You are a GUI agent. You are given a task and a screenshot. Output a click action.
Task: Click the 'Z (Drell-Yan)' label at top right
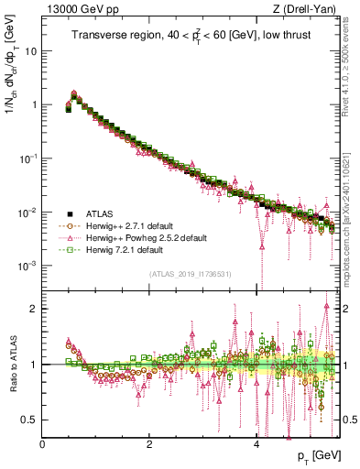307,9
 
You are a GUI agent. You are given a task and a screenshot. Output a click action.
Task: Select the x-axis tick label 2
149,443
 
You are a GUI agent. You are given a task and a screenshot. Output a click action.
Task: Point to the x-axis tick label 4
256,443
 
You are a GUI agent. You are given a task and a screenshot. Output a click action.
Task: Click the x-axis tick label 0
42,443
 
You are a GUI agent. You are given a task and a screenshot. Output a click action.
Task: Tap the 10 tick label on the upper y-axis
30,51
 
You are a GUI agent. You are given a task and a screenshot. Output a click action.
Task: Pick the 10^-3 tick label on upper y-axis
27,266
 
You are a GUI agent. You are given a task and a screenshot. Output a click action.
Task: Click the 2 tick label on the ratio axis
33,309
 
